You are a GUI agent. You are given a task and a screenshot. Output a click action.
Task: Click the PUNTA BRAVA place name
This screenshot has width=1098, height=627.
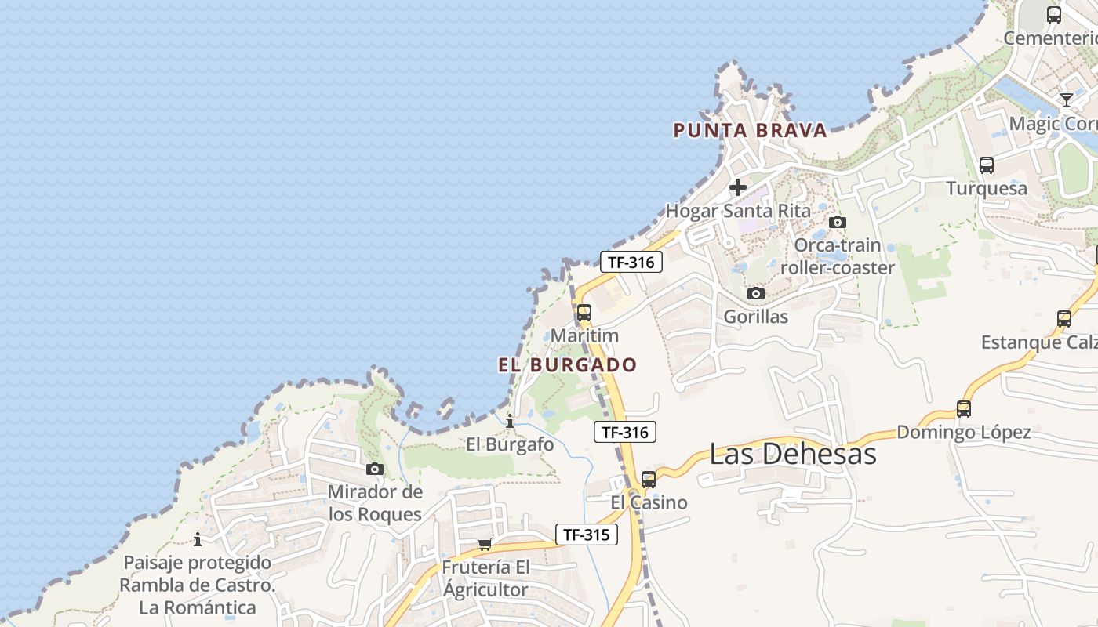[751, 130]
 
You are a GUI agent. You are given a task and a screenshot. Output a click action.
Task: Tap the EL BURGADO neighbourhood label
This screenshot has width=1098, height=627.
[567, 364]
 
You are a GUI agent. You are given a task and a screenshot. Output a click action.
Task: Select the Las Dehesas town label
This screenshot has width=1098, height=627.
[792, 454]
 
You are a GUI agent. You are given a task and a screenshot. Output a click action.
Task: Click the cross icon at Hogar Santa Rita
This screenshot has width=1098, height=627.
[738, 187]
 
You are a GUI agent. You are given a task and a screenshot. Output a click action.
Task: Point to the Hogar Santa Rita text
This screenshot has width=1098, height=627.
[738, 210]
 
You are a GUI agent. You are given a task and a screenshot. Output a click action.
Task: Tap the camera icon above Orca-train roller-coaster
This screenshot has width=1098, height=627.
[838, 222]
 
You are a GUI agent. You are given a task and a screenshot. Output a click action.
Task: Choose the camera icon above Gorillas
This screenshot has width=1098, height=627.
[756, 294]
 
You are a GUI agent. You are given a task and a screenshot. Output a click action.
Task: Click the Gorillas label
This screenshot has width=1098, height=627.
[756, 317]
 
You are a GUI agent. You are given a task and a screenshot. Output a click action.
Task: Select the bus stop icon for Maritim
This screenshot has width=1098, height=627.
[584, 312]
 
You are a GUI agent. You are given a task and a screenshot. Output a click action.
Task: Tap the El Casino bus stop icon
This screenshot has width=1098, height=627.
[649, 479]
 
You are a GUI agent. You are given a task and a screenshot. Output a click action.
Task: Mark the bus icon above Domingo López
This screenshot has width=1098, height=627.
[964, 408]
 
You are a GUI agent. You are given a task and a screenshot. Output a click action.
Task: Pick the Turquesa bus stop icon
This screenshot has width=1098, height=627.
[987, 165]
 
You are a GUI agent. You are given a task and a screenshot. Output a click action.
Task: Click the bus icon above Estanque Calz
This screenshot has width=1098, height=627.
[1064, 319]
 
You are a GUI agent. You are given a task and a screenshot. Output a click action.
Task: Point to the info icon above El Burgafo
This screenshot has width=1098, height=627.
[511, 421]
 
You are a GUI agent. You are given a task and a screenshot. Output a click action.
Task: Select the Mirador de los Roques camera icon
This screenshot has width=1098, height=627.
[375, 469]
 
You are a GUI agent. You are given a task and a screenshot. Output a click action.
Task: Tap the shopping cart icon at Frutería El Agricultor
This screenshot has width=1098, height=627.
[485, 544]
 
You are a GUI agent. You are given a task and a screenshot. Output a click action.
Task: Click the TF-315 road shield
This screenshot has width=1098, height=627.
[587, 535]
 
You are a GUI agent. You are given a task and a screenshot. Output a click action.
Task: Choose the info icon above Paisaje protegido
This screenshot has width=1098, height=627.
[198, 539]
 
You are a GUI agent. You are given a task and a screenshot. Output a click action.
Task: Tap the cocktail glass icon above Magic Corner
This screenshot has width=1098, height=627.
[1067, 100]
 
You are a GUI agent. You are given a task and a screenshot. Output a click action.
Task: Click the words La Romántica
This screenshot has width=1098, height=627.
[198, 607]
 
